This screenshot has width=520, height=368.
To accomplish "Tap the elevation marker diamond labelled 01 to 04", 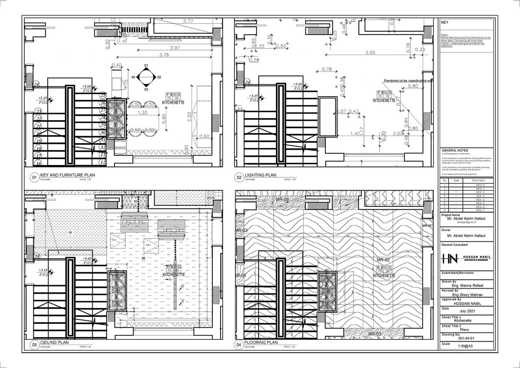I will pos(146,77).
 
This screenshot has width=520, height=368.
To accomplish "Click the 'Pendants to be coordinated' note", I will pos(408,81).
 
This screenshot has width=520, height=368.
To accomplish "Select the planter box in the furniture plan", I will pos(117,118).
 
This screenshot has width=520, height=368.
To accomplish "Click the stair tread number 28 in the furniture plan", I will pos(103,117).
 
